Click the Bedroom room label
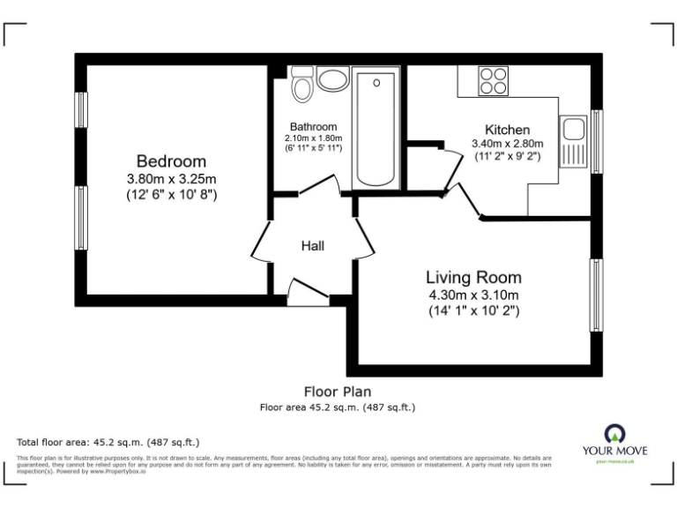click(171, 161)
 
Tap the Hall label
click(312, 246)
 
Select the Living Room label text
click(473, 276)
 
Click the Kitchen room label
click(507, 130)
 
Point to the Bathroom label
click(312, 127)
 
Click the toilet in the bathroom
click(302, 83)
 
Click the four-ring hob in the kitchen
click(493, 80)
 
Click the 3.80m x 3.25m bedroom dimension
click(171, 178)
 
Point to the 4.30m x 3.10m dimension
click(473, 295)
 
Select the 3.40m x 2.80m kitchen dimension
click(507, 144)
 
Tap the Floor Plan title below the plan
click(338, 391)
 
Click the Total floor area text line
click(108, 442)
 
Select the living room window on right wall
click(597, 295)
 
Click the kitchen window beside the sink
click(597, 137)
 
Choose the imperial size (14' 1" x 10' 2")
click(473, 310)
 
